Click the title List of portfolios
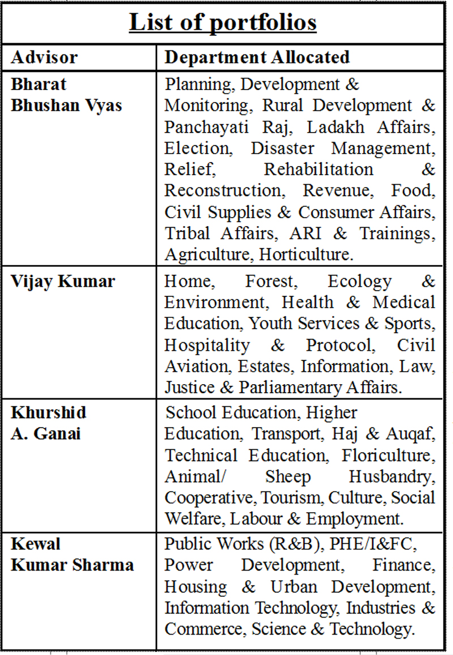click(x=223, y=23)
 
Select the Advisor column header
click(x=45, y=57)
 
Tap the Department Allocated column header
click(x=257, y=57)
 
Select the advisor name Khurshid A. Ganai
click(x=49, y=423)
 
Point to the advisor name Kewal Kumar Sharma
click(x=72, y=554)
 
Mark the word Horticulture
click(x=306, y=254)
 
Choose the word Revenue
click(x=337, y=190)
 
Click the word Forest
click(x=271, y=282)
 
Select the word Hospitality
click(x=207, y=345)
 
